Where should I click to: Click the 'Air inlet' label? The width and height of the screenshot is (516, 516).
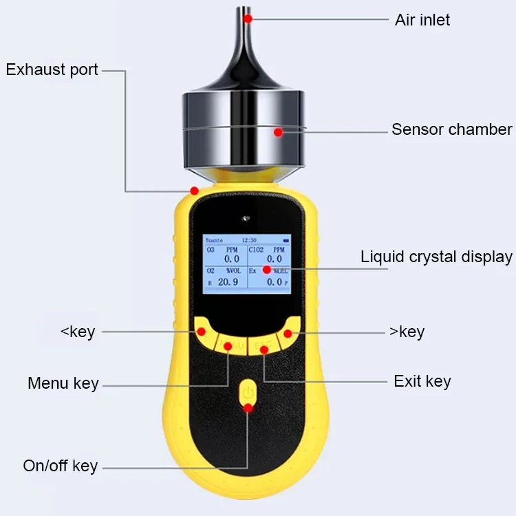(422, 19)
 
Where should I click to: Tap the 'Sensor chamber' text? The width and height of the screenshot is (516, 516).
(451, 129)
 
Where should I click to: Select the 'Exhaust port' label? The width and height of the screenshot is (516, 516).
(52, 69)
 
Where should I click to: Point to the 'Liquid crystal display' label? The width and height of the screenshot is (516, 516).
(436, 257)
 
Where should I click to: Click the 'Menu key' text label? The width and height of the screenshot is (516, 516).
(63, 383)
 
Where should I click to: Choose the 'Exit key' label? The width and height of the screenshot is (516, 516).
(422, 381)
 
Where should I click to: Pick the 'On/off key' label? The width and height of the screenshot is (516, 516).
(61, 466)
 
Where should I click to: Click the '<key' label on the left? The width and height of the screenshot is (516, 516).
(78, 332)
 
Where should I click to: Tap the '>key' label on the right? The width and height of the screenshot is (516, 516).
(407, 332)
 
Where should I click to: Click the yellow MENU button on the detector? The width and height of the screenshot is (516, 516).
(230, 343)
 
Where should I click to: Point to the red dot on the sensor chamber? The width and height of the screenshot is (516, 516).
(278, 131)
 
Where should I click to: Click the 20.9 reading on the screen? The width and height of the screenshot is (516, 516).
(228, 282)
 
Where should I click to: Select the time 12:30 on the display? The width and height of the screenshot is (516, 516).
(248, 241)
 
